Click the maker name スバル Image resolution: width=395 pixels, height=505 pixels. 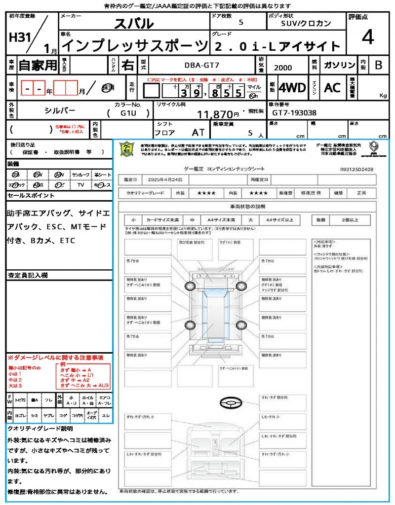tap(134, 24)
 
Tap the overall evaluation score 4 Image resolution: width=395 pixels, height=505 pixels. tap(367, 37)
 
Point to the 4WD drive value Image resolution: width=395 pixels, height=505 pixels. tap(292, 88)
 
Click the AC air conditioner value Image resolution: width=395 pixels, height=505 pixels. tap(332, 88)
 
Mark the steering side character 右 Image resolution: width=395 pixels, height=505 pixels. tap(127, 65)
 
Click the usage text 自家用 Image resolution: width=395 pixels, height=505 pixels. tap(38, 65)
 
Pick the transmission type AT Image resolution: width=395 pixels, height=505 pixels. tap(197, 133)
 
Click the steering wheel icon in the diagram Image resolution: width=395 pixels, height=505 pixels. tap(231, 402)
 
